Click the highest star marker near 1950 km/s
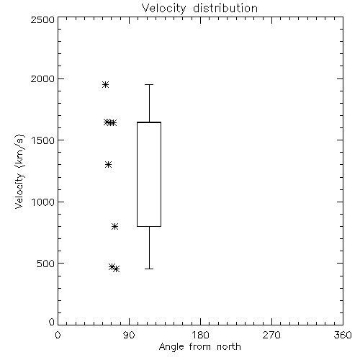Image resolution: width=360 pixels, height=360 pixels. (x=105, y=84)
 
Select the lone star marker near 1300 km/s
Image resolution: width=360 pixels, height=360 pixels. (x=109, y=164)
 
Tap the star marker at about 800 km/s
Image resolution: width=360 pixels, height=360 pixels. (x=114, y=226)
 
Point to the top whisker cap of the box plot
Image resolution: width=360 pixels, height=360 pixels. (x=149, y=84)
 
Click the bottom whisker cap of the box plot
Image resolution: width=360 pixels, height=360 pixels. (x=149, y=269)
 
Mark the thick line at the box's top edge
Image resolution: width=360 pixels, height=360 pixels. (x=149, y=122)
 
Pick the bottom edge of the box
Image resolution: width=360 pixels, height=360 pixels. (x=149, y=226)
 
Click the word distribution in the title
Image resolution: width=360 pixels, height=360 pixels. (x=225, y=8)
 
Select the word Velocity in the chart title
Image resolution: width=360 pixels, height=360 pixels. (x=163, y=9)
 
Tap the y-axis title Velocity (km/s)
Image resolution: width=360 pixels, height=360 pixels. (x=19, y=171)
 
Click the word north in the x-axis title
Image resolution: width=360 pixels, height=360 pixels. (x=229, y=347)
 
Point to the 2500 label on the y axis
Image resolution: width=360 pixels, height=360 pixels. (x=42, y=19)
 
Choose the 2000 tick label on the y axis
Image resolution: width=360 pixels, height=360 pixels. (x=42, y=78)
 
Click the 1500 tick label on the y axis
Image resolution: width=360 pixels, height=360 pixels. (x=43, y=140)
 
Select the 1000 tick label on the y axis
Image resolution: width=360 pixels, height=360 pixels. (x=43, y=202)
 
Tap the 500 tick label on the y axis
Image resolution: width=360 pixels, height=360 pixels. (x=46, y=264)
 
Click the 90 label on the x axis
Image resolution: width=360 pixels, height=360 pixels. (x=129, y=335)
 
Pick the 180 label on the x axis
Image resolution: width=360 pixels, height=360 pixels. (x=200, y=335)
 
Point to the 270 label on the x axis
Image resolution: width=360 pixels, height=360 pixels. (x=271, y=335)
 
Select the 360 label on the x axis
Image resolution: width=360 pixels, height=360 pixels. (x=343, y=335)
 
